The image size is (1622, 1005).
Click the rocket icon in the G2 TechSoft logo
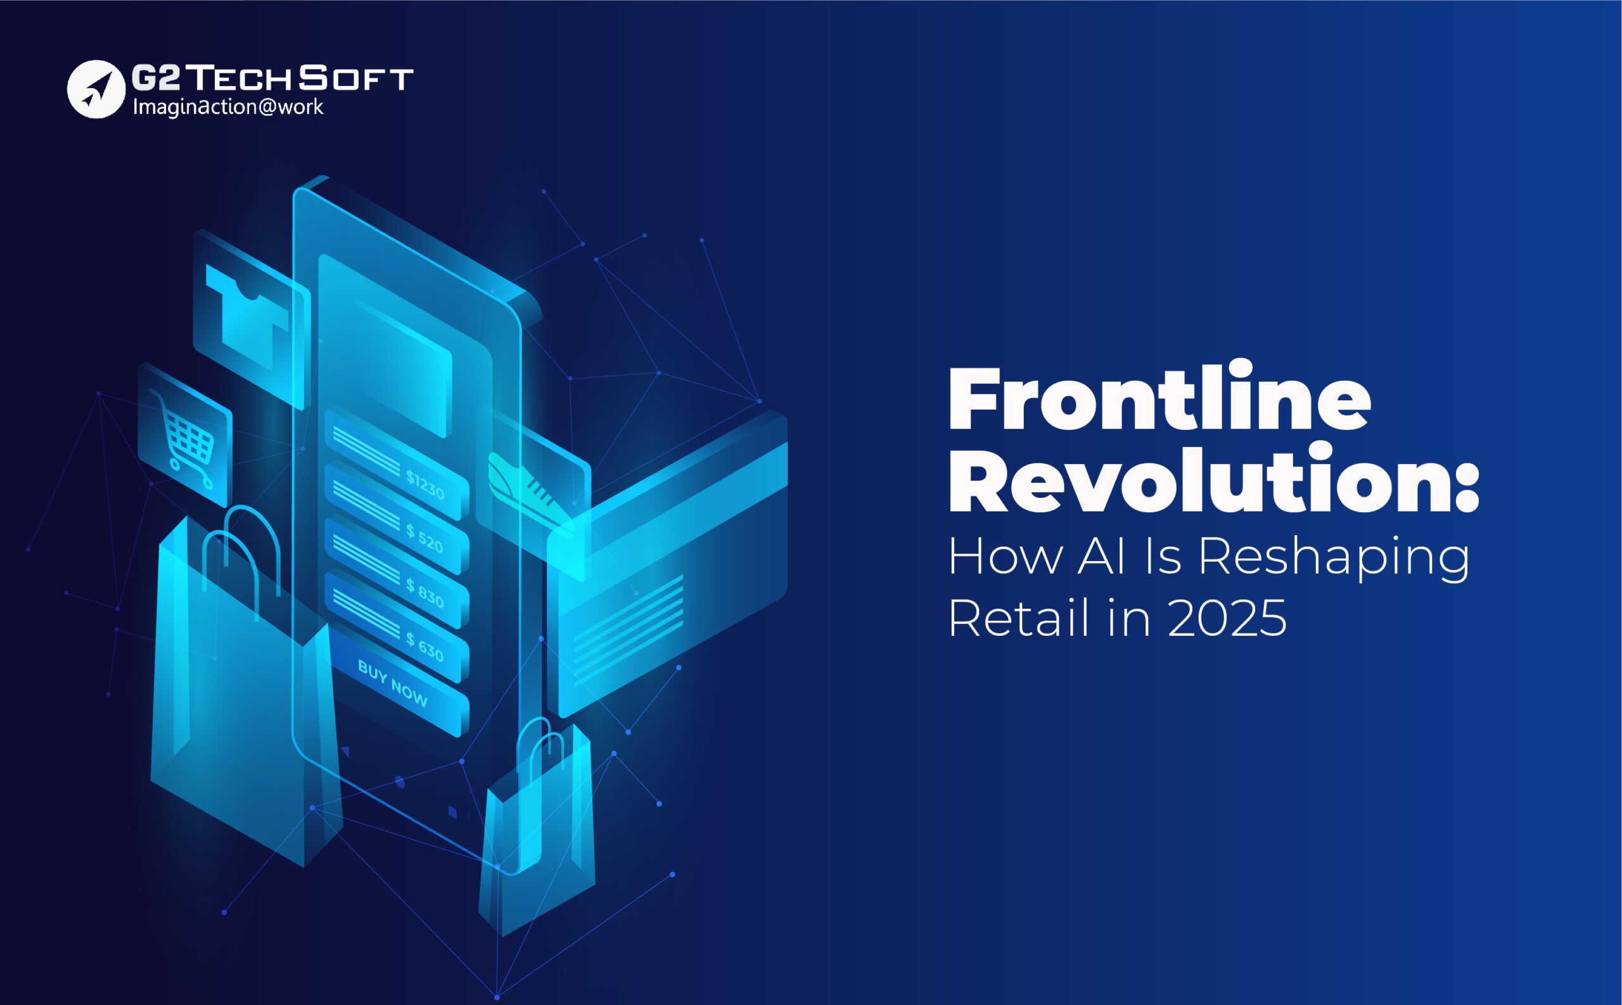[96, 89]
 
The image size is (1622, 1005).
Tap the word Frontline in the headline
[1159, 397]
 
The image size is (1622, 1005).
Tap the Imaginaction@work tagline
[228, 107]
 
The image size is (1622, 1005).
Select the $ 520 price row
[397, 519]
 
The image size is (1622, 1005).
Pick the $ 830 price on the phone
[425, 593]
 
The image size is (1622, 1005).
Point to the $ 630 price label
[425, 647]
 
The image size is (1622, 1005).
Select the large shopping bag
[246, 685]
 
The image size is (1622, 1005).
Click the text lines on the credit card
[628, 621]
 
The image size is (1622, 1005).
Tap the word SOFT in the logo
[356, 79]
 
